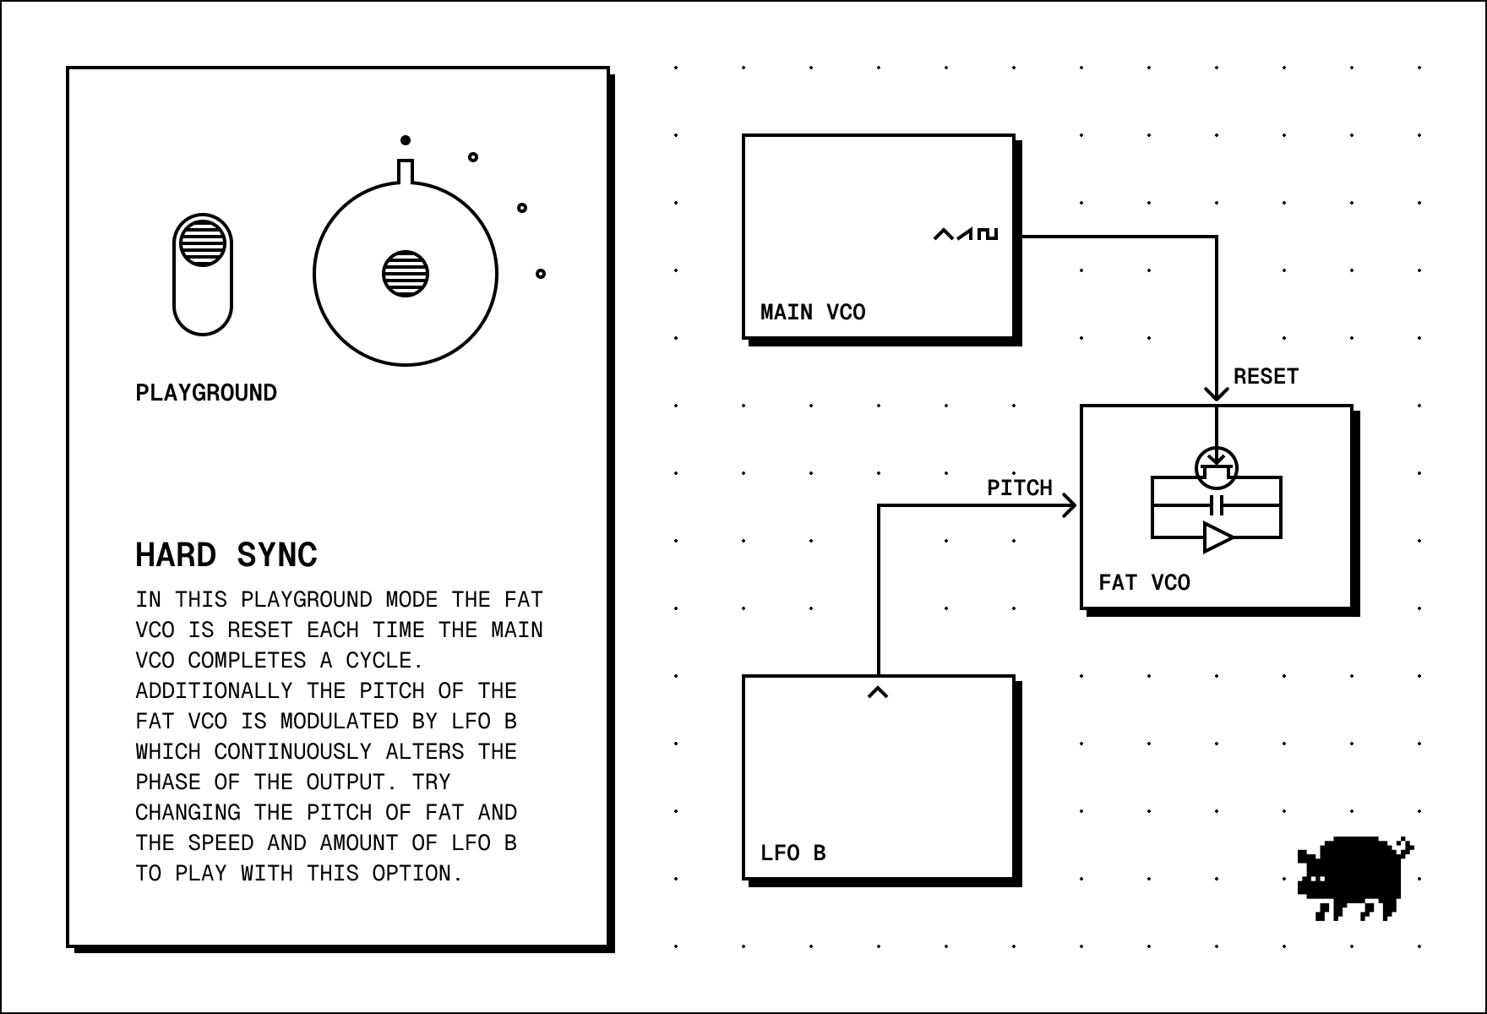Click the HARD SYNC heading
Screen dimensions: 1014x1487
click(x=226, y=555)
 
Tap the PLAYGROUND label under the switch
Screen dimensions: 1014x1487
click(x=206, y=393)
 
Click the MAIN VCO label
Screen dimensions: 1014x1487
click(x=813, y=313)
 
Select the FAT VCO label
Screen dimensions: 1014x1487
click(x=1144, y=583)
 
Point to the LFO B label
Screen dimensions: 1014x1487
click(x=793, y=853)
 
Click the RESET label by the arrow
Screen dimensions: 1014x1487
click(x=1266, y=377)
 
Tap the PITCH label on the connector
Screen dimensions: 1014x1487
click(x=1020, y=488)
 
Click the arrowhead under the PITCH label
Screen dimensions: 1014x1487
click(x=1069, y=506)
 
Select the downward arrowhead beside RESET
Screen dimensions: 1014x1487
click(x=1217, y=392)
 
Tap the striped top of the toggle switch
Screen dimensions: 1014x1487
click(x=203, y=242)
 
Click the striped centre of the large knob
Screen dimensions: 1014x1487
click(x=406, y=274)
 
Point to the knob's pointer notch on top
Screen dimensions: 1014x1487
click(x=406, y=171)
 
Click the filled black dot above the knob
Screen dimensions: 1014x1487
click(x=406, y=140)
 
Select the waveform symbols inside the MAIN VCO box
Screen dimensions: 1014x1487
click(x=966, y=233)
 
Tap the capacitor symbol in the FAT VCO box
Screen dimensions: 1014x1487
click(x=1217, y=506)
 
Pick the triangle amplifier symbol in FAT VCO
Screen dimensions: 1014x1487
click(x=1217, y=537)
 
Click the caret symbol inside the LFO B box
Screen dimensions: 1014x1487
click(x=878, y=692)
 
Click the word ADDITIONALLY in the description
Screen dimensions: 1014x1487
click(x=214, y=691)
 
